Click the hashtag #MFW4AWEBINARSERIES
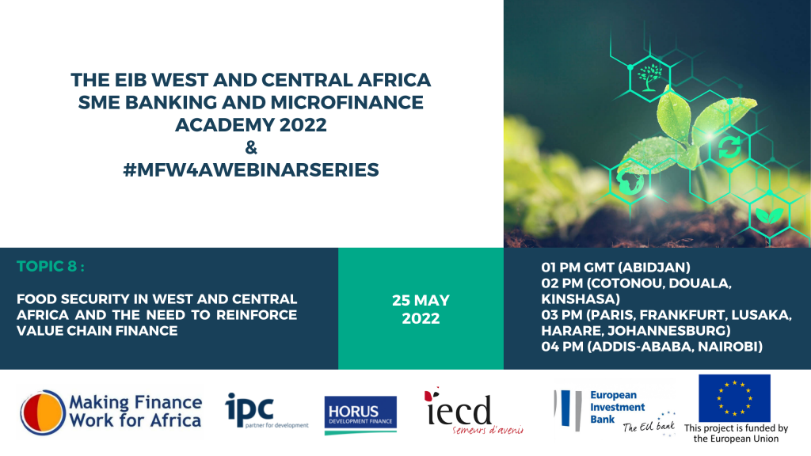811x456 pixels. coord(251,169)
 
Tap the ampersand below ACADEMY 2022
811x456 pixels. coord(251,148)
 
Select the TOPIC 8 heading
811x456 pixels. coord(50,266)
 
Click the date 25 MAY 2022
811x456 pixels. coord(421,310)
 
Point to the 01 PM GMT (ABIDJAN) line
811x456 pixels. coord(615,268)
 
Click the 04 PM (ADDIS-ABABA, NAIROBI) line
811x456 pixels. coord(652,347)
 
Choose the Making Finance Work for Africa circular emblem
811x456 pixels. coord(43,412)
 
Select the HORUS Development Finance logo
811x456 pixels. coord(360,415)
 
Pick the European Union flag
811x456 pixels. coord(734,398)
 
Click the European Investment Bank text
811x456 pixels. coord(617,407)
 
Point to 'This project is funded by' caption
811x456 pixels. coord(736,428)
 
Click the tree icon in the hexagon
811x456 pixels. coord(649,77)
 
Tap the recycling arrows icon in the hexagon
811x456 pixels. coord(729,146)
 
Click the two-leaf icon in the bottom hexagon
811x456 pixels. coord(769,215)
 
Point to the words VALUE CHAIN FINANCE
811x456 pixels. coord(97,331)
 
